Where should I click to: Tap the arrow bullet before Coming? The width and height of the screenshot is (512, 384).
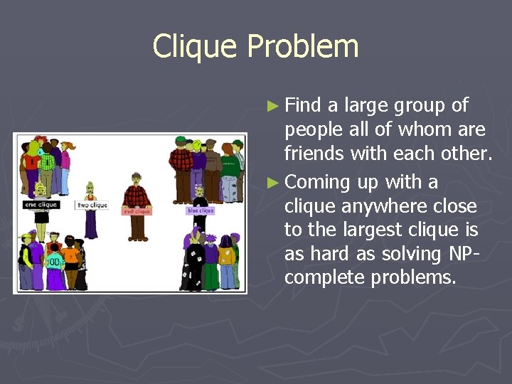point(272,183)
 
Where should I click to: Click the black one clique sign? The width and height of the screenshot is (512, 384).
point(41,206)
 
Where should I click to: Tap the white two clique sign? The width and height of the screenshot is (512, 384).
point(92,206)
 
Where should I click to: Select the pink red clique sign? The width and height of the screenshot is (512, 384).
point(137,211)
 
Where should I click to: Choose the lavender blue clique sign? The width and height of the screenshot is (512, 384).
point(200,210)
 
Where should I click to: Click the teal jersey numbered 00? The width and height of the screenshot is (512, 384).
point(54,262)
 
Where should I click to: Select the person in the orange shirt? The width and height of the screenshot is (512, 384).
point(70,256)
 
